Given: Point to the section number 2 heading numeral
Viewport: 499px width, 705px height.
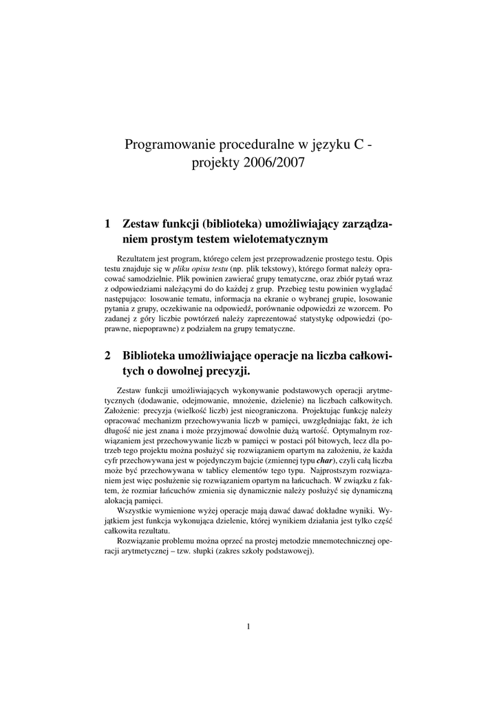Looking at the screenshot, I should pos(107,356).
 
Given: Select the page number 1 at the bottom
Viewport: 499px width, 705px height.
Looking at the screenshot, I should pos(248,627).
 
